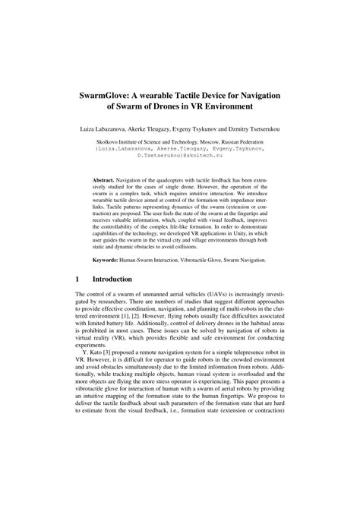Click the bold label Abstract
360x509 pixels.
pyautogui.click(x=109, y=173)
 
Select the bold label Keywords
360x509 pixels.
pyautogui.click(x=111, y=259)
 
